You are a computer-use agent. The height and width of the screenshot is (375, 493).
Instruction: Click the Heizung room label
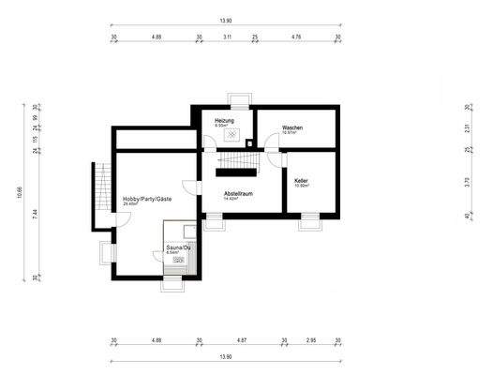[x=224, y=121]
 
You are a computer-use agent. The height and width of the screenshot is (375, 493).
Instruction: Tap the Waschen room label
[x=291, y=127]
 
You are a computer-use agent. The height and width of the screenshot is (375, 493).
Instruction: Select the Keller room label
[x=302, y=180]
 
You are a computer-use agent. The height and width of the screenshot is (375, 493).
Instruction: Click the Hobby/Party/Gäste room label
[x=147, y=200]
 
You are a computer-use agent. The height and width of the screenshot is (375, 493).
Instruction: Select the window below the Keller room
[x=308, y=222]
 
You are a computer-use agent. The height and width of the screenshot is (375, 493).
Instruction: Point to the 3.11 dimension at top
[x=227, y=37]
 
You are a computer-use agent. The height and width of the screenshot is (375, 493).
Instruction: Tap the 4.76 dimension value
[x=296, y=37]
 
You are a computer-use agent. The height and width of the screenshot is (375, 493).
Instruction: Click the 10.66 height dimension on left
[x=20, y=192]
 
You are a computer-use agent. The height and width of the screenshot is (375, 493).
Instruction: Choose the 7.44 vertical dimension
[x=35, y=213]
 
